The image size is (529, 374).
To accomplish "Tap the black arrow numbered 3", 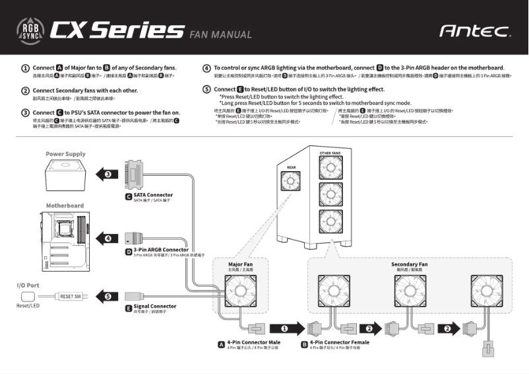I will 106,174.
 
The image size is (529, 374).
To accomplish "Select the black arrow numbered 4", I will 106,238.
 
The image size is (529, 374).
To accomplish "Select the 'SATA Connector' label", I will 153,195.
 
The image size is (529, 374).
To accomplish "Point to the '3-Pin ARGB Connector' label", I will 160,250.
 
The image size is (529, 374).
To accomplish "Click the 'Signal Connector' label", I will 154,306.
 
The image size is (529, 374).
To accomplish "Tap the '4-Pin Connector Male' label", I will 253,342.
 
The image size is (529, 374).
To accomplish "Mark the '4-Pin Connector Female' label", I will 339,342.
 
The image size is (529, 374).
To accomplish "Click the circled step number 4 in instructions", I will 206,68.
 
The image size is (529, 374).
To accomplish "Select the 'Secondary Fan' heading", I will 409,264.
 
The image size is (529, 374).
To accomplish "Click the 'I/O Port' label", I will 28,285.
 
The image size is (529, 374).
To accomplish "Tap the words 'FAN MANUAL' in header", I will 220,34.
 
